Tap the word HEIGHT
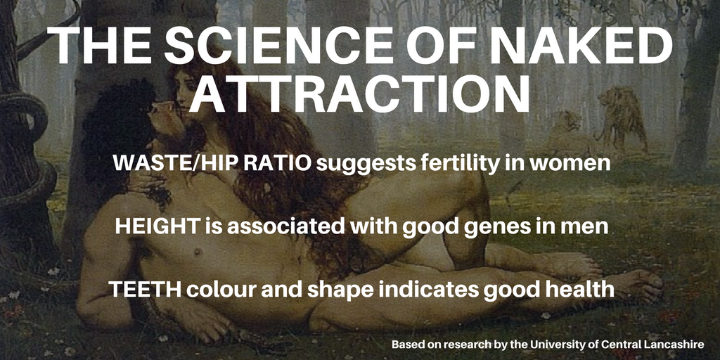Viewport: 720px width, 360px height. pos(157,226)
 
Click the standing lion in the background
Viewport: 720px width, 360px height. pos(620,118)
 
